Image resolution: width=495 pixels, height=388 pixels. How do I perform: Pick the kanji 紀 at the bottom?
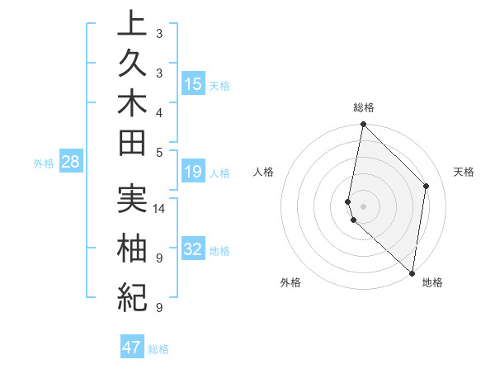coord(132,294)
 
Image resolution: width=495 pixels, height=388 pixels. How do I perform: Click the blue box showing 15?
coord(193,84)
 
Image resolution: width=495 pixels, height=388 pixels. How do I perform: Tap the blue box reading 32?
coord(193,249)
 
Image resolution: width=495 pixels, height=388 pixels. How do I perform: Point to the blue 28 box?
coord(71,162)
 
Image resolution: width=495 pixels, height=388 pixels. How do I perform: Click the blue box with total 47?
coord(132,348)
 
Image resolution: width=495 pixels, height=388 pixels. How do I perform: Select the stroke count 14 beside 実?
coord(159,208)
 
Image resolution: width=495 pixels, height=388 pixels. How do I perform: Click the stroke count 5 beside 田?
coord(159,152)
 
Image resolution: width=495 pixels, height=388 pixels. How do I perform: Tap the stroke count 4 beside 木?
coord(159,112)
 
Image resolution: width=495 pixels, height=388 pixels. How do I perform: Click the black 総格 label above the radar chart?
coord(364,106)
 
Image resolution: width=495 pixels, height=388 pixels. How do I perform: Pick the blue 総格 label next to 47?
coord(159,349)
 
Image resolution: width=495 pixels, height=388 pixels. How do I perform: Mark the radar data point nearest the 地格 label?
coord(412,273)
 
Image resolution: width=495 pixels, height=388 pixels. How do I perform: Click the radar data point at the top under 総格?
coord(363,125)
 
